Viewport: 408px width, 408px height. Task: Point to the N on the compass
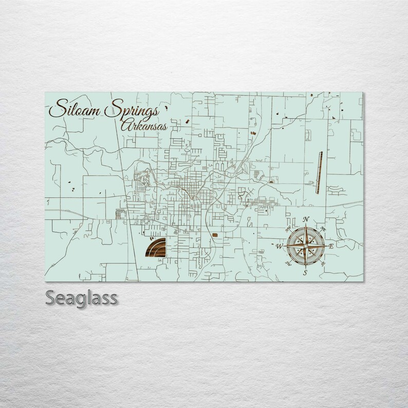(x=306, y=220)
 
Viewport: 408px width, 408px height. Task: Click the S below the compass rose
(x=305, y=272)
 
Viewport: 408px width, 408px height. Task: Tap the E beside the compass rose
(x=331, y=247)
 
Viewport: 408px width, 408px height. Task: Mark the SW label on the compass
(x=288, y=264)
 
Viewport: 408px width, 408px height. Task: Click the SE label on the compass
(x=323, y=264)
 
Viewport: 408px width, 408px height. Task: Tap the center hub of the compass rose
(x=305, y=246)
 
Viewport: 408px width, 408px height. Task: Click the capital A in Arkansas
(x=125, y=125)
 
